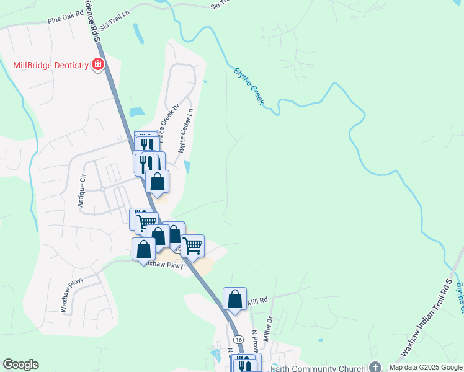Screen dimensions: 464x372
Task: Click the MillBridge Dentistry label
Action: tap(51, 65)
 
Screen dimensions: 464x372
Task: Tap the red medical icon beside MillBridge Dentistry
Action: tap(97, 64)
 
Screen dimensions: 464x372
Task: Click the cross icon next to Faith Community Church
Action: tap(374, 366)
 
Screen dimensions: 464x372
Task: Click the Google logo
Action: tap(20, 365)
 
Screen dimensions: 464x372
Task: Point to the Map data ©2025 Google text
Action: tap(426, 367)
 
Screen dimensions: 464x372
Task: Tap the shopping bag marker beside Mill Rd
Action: tap(234, 299)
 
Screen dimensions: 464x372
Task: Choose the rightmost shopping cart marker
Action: tap(192, 246)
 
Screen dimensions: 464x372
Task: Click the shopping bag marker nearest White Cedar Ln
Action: tap(158, 182)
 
